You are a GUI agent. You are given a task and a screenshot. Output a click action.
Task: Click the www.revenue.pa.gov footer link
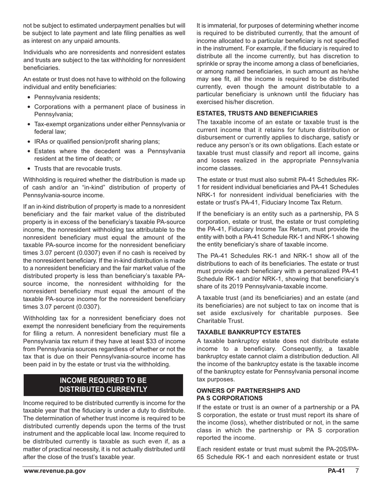tap(54, 471)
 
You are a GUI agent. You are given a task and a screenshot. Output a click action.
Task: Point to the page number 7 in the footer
tap(357, 471)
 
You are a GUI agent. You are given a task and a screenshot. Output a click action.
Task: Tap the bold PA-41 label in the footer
tap(336, 471)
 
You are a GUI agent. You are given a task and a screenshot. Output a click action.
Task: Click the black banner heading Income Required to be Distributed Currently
tap(103, 385)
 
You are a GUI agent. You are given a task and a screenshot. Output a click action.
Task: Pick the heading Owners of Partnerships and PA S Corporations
tap(248, 394)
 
